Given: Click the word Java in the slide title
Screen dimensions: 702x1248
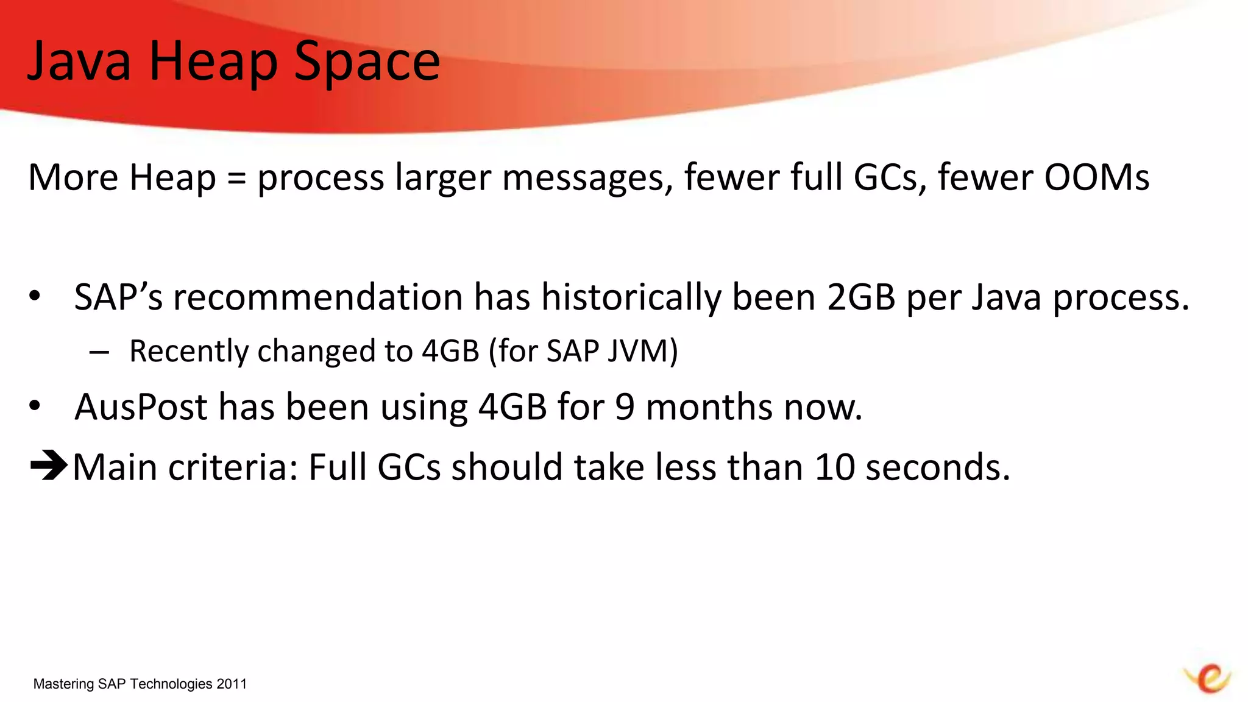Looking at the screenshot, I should tap(79, 61).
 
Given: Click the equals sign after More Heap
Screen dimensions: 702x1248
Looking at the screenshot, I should tap(236, 178).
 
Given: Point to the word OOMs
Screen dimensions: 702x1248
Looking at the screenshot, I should tap(1097, 177).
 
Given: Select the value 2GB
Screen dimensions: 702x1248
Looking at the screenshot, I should tap(861, 297).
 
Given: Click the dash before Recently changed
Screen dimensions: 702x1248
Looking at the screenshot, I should tap(99, 352).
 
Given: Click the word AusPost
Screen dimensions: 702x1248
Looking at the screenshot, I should tap(141, 407).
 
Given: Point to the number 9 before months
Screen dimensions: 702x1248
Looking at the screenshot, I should tap(625, 407).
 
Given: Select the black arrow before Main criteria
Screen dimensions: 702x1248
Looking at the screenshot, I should tap(49, 466).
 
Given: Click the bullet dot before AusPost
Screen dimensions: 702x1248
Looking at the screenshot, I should tap(35, 405).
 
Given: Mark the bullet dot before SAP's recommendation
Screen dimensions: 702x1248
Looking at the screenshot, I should tap(35, 296).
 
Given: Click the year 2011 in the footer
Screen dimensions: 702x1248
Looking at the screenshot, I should tap(232, 684).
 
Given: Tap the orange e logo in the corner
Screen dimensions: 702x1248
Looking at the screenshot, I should tap(1208, 678).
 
